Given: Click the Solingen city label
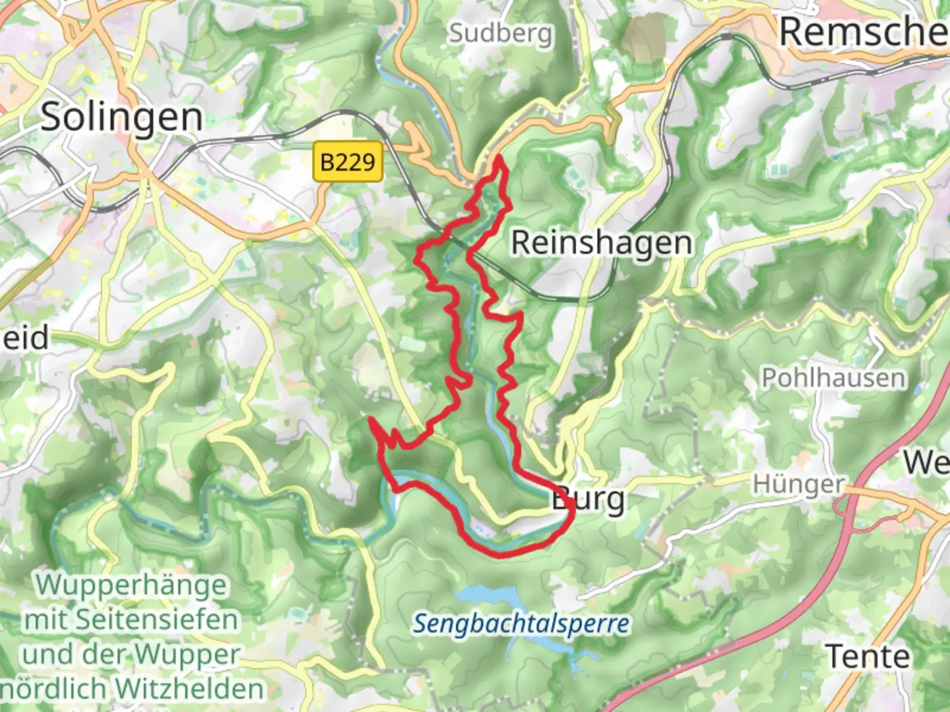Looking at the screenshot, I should pos(121,117).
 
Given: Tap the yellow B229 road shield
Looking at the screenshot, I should pos(348,162).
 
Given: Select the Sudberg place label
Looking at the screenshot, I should pos(500,32).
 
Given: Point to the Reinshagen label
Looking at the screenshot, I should pos(602,243).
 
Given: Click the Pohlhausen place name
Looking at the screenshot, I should pos(833,378).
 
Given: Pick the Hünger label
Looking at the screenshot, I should pos(798,485).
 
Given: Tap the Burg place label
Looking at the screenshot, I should pos(588,499).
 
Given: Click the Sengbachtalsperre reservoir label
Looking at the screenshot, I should pos(521,623).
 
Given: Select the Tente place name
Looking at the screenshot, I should pos(868,656).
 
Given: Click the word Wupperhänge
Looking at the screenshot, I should pos(132,584).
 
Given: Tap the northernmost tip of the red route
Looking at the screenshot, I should pos(498,156).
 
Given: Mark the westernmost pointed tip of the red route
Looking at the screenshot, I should pos(371,419).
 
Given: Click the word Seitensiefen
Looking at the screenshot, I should pos(157,619).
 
